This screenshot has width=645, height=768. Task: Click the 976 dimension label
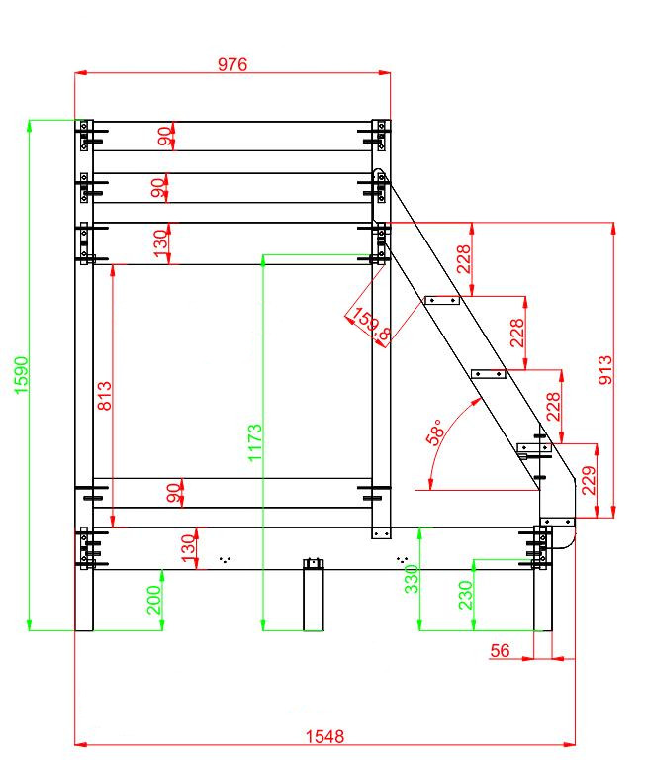tap(232, 64)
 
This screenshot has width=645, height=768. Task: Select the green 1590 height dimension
tap(21, 374)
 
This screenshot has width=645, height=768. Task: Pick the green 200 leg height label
tap(154, 601)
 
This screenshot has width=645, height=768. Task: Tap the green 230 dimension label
tap(465, 594)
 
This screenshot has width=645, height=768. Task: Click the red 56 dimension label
tap(500, 650)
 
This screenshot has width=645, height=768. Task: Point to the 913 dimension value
tap(606, 371)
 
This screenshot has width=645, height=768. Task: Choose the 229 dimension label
tap(590, 482)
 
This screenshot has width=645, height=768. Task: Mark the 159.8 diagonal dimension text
tap(370, 326)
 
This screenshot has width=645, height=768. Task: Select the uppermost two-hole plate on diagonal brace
tap(442, 299)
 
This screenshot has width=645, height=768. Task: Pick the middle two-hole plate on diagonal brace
tap(488, 373)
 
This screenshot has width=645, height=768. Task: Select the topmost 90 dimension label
tap(164, 136)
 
